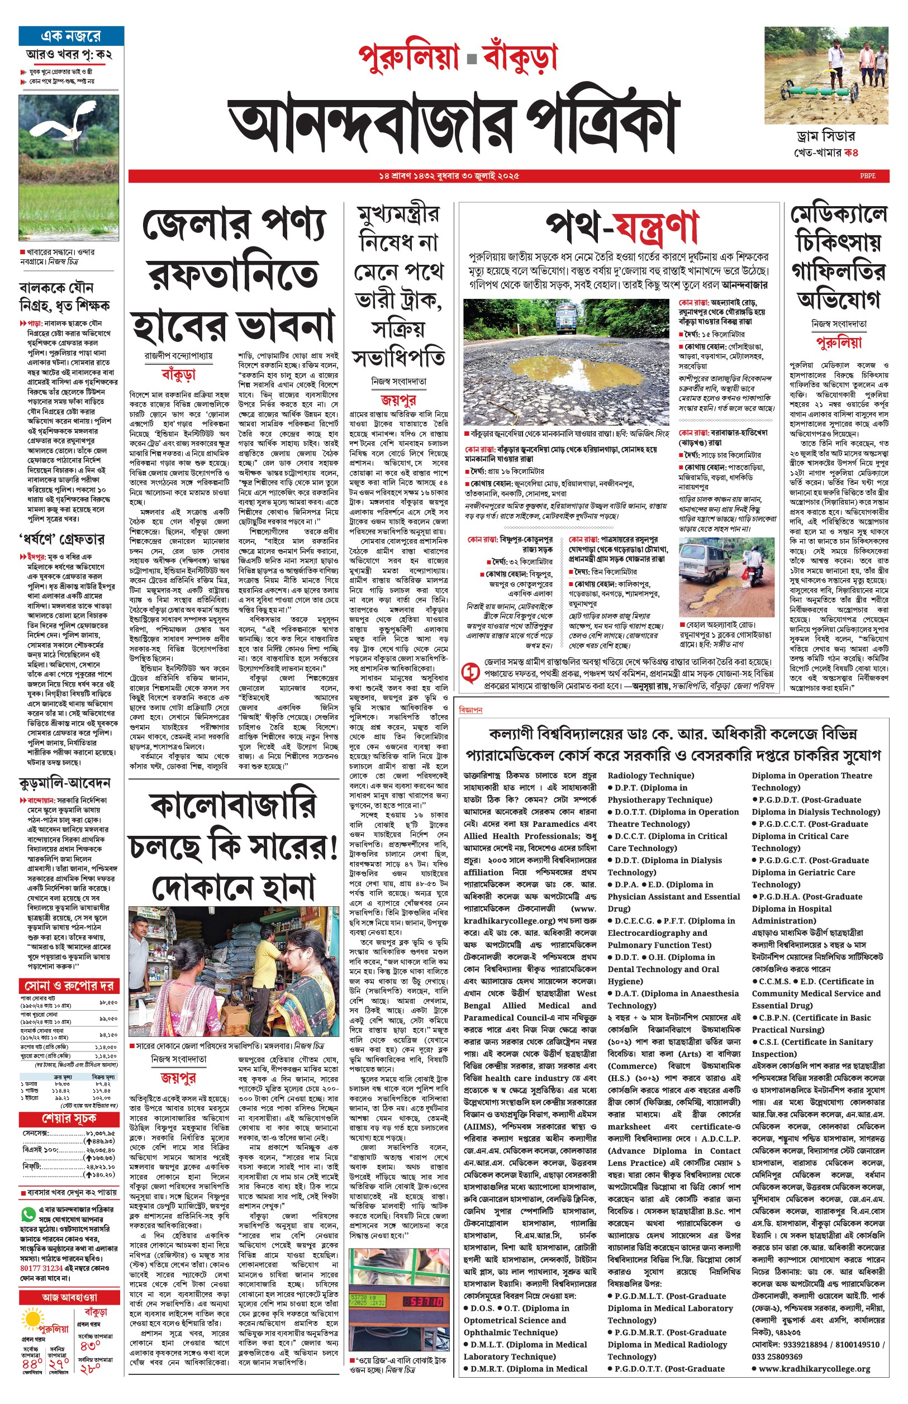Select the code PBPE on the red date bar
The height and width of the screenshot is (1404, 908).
867,175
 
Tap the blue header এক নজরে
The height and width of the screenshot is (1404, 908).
71,36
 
